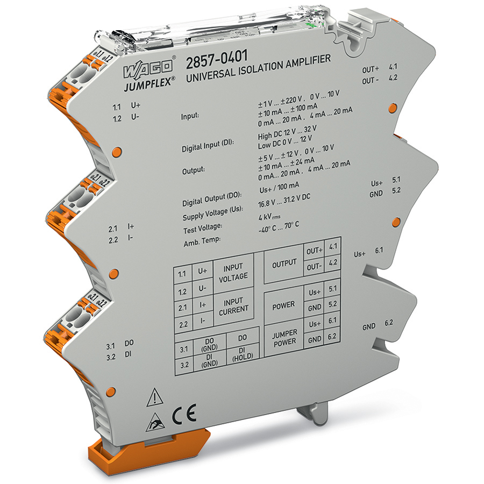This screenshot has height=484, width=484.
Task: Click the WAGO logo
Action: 147,71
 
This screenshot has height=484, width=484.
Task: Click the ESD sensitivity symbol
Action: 153,425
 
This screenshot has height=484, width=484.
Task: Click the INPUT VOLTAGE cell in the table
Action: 233,272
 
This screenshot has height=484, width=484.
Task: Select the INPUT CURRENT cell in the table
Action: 233,305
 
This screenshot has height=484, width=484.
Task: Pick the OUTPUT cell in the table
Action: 284,263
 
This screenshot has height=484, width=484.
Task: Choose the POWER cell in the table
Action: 283,305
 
